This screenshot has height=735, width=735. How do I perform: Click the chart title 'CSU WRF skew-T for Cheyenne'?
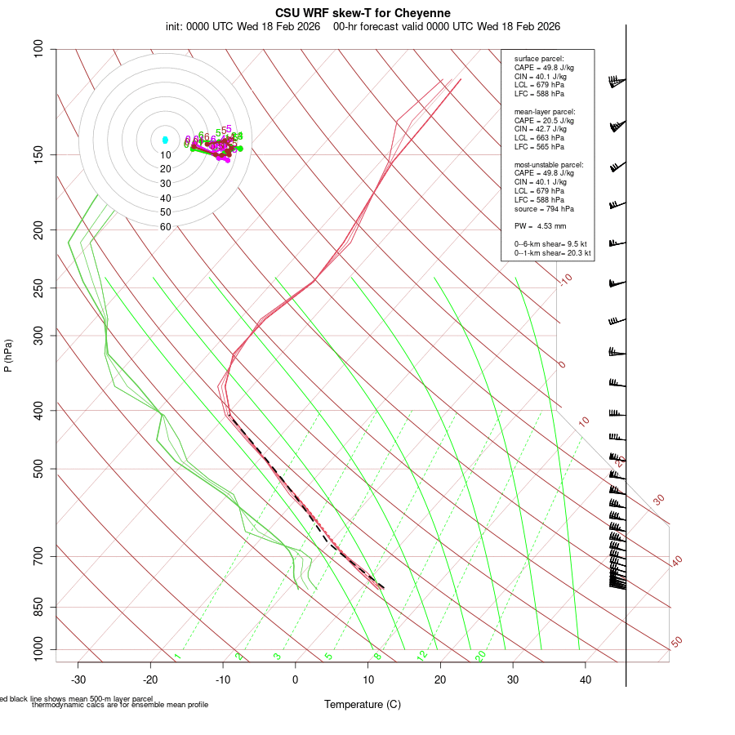click(x=363, y=13)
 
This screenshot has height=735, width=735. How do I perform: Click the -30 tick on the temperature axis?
click(x=78, y=679)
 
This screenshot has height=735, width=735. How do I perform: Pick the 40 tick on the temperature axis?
click(x=585, y=679)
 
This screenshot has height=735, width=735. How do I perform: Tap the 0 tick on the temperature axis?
click(x=296, y=679)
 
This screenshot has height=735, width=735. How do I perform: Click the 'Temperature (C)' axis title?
click(x=363, y=704)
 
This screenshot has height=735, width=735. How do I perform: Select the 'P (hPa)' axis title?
click(x=8, y=355)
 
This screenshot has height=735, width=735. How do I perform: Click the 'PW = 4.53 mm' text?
click(x=540, y=226)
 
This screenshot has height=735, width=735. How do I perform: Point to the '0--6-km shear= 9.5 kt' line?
click(x=550, y=243)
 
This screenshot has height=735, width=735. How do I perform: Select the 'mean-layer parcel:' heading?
click(x=545, y=111)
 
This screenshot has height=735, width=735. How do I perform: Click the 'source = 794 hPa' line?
click(x=543, y=209)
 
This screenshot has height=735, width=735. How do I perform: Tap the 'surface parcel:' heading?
click(x=538, y=59)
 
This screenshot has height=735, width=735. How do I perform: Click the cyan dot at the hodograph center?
click(x=165, y=140)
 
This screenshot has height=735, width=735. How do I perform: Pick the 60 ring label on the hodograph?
click(x=165, y=227)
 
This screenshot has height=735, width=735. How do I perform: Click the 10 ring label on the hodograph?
click(x=165, y=155)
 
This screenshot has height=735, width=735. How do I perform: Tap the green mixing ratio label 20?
click(x=481, y=656)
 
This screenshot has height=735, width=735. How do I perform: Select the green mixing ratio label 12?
click(x=422, y=656)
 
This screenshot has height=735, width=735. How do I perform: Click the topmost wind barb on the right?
click(x=617, y=81)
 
